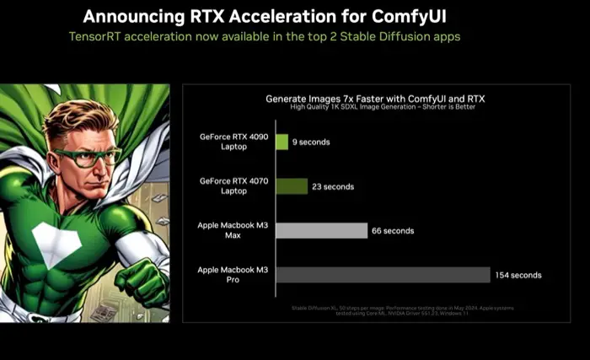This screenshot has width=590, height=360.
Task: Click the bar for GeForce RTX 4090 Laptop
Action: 282,142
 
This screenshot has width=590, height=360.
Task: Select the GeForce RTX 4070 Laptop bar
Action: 291,186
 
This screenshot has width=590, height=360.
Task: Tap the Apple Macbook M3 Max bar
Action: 321,230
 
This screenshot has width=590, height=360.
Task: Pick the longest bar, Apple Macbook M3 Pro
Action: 383,275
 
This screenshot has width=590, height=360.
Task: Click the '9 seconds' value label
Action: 311,142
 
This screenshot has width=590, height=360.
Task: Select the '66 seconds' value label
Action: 394,230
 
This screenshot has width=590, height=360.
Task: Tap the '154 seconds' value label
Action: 518,275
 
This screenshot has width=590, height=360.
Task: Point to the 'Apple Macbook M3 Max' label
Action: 231,230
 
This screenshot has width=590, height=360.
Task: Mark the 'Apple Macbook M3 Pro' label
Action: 231,274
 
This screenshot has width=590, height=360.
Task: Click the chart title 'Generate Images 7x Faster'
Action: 375,99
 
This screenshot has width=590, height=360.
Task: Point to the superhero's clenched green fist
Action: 145,282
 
